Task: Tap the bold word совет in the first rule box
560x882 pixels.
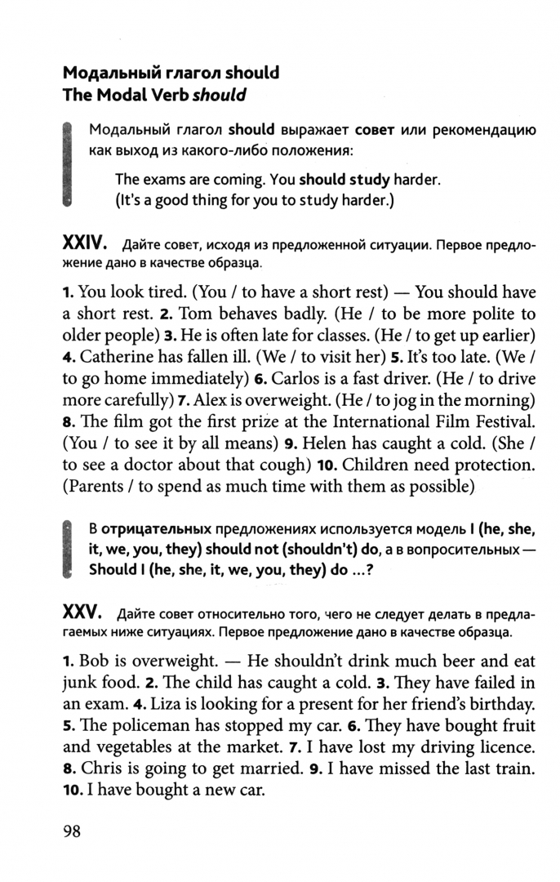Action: coord(374,130)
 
